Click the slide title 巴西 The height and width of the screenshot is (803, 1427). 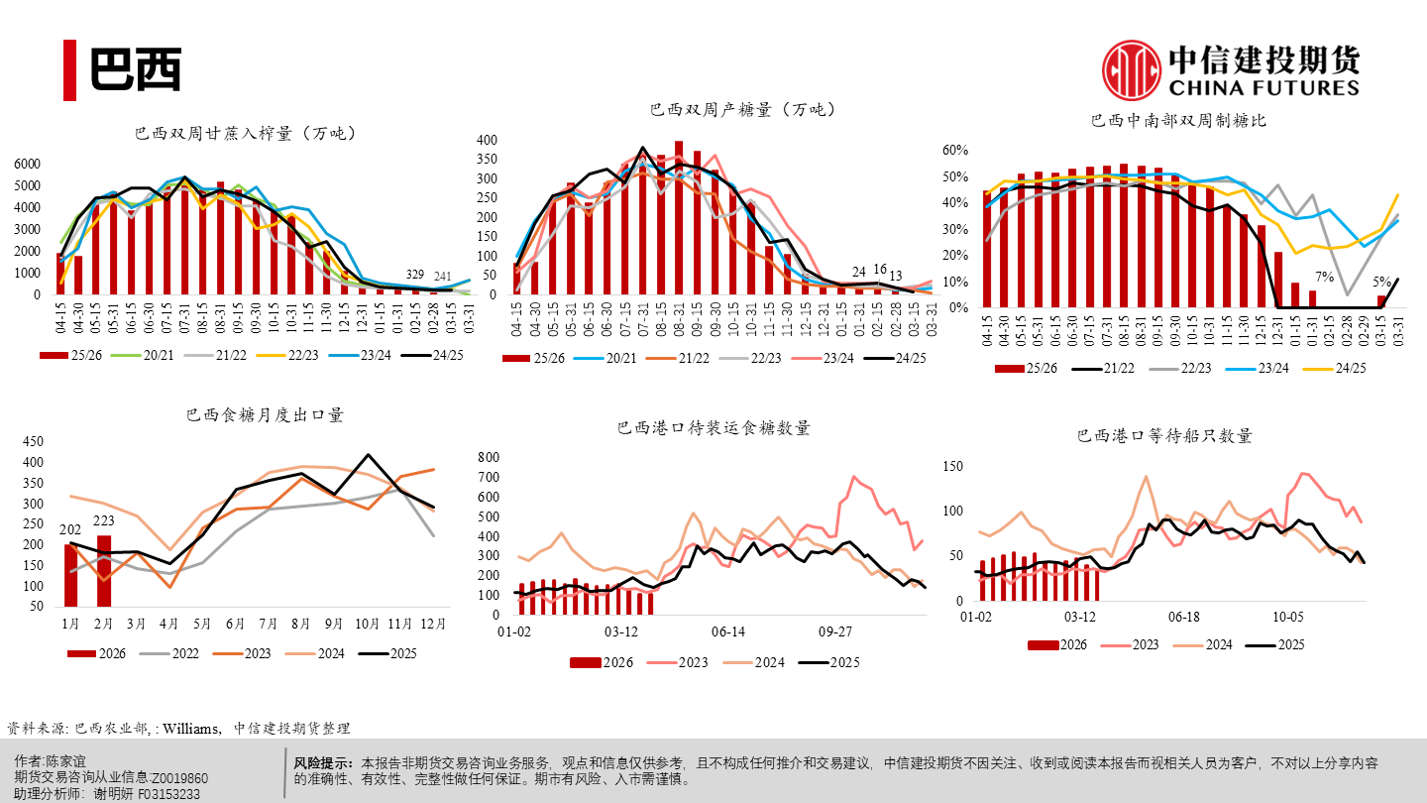click(136, 69)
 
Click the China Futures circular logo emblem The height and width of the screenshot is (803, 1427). click(1132, 70)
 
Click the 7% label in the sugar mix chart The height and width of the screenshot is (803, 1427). click(1324, 277)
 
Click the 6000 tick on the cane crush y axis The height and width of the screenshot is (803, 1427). click(28, 164)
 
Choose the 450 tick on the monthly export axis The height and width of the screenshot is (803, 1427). click(33, 442)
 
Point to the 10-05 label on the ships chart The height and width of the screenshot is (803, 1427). click(1287, 617)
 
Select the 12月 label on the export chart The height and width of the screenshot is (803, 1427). click(432, 625)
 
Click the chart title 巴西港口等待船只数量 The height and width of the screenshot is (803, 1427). click(1164, 435)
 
